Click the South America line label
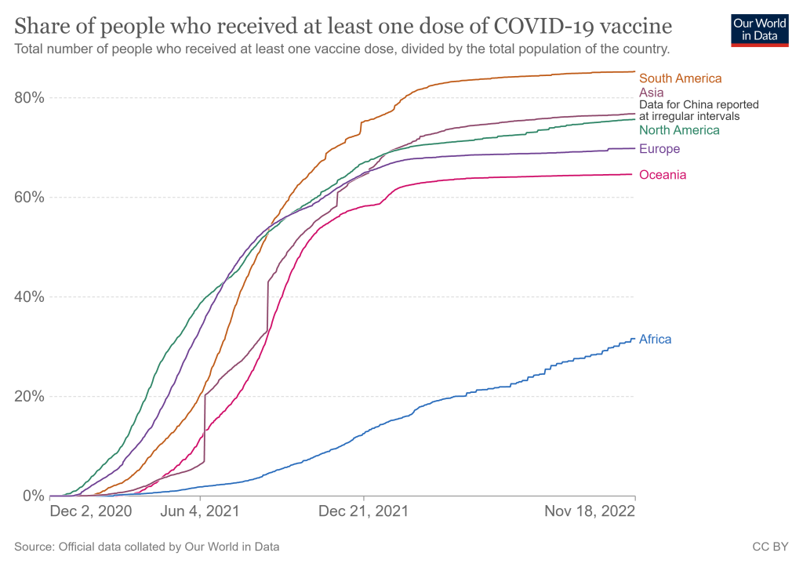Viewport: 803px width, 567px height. click(x=680, y=78)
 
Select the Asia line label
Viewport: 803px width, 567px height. click(x=652, y=93)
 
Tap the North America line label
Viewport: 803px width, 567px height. click(x=679, y=130)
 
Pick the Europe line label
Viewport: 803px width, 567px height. click(x=659, y=149)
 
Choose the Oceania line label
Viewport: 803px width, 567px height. click(x=663, y=175)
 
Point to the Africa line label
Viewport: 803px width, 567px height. click(x=656, y=340)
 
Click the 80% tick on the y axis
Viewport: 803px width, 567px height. click(x=30, y=98)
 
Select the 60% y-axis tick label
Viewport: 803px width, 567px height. click(x=30, y=197)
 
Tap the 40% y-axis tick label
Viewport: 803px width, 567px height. click(x=30, y=296)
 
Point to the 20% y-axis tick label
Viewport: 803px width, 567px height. click(x=30, y=396)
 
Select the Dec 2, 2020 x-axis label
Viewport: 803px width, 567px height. click(x=90, y=512)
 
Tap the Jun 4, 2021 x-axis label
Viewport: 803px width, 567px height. click(x=201, y=512)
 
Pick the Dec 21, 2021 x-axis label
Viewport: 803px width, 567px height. click(x=364, y=512)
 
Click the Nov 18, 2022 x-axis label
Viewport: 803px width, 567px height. click(x=590, y=512)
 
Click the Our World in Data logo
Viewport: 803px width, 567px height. click(x=759, y=29)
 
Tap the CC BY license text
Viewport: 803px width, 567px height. click(x=770, y=547)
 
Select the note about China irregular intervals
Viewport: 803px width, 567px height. click(x=699, y=110)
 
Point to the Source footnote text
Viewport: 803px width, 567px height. click(x=147, y=547)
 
